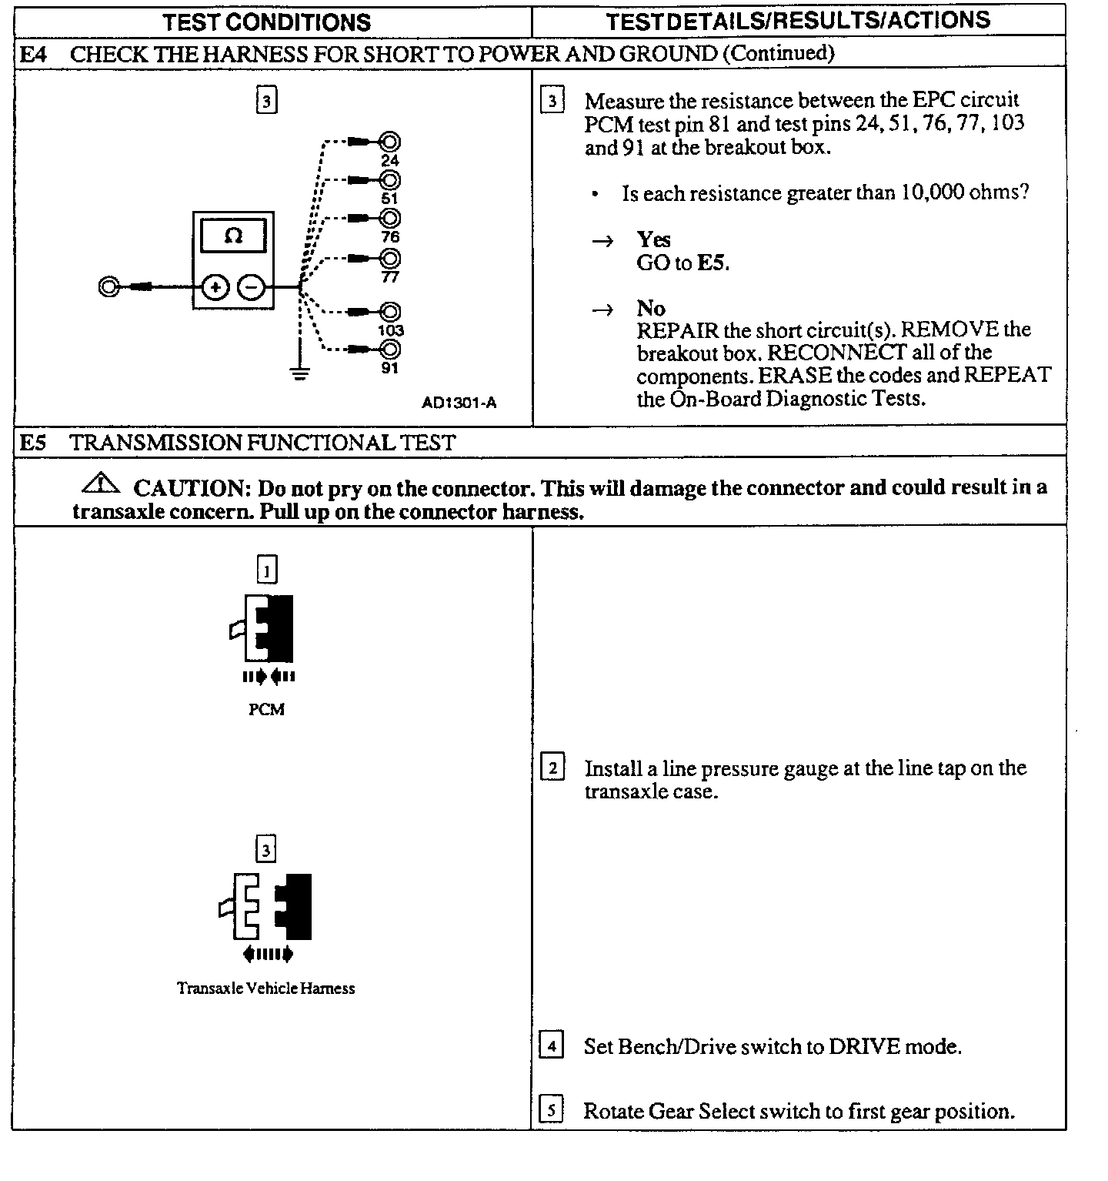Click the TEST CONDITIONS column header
pos(266,22)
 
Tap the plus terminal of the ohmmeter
pos(215,288)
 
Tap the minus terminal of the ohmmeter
pos(251,288)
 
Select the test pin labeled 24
pos(389,142)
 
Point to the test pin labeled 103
pos(389,312)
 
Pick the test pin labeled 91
pos(389,350)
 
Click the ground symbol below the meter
pos(299,374)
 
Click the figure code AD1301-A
pos(459,403)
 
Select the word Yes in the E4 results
pos(653,239)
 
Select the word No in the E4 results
pos(651,308)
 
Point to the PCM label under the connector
pos(266,710)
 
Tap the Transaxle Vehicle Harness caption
pos(266,988)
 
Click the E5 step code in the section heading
pos(33,443)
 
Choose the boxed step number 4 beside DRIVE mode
pos(551,1046)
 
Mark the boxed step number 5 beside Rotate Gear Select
pos(551,1111)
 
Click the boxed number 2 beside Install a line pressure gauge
pos(552,768)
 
